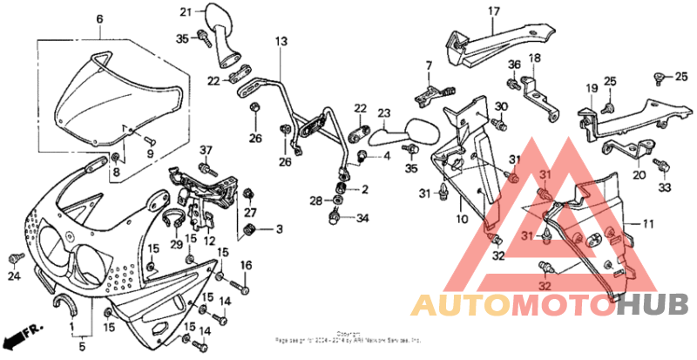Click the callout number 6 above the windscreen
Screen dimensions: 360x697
(99, 18)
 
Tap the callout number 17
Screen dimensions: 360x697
(494, 11)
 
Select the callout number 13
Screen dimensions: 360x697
(281, 41)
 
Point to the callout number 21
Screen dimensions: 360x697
(186, 11)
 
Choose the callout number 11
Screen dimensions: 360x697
(647, 224)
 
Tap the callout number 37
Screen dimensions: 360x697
(206, 150)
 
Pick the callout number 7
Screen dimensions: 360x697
(429, 65)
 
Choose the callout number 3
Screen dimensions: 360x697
(279, 229)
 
